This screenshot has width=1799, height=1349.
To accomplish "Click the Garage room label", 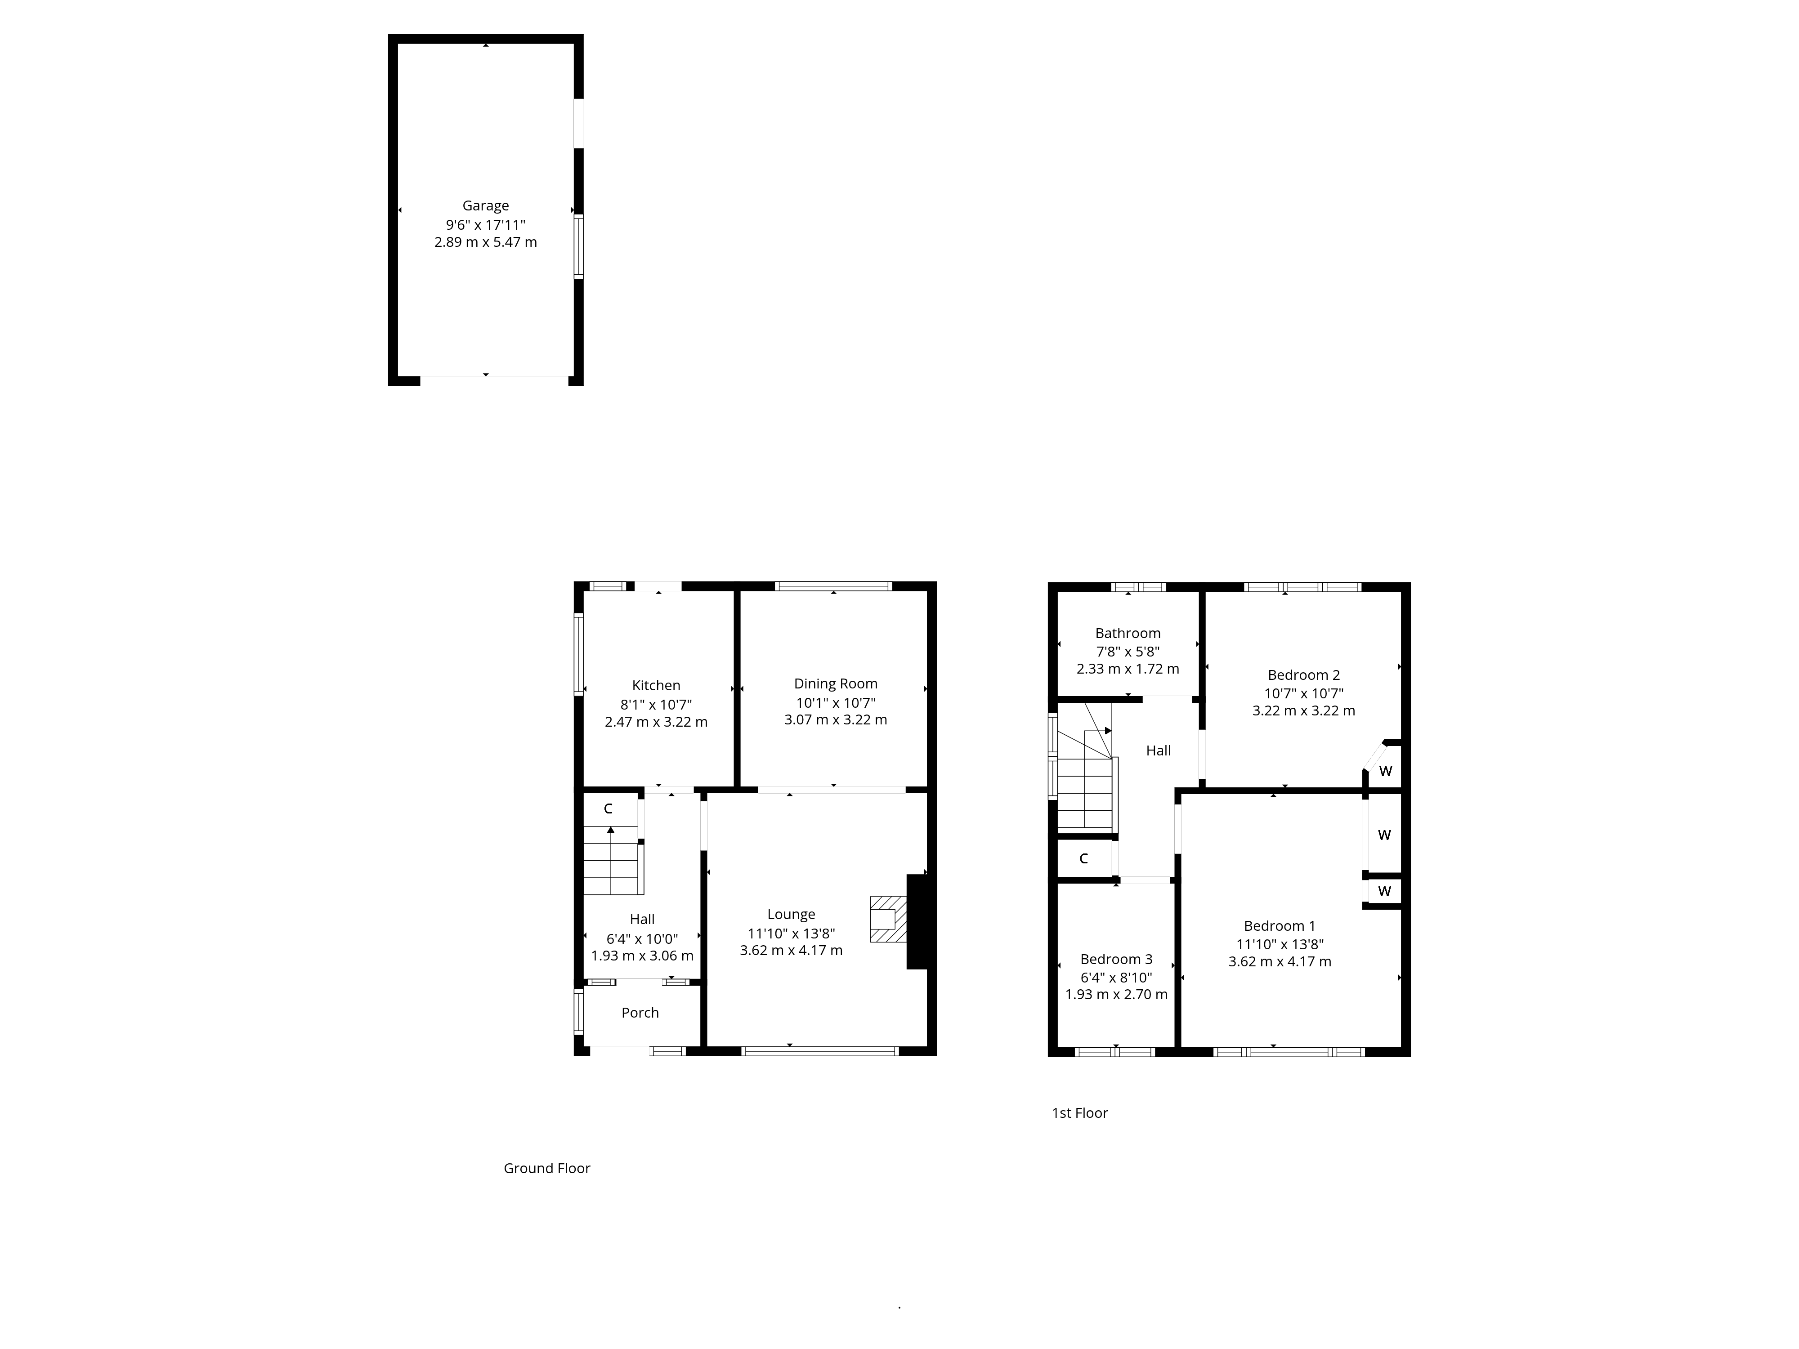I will coord(486,206).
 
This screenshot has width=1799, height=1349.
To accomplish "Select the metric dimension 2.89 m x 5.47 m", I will coord(486,242).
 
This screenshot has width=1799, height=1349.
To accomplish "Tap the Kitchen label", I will coord(656,685).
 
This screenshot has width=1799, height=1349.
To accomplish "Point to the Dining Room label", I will coord(835,684).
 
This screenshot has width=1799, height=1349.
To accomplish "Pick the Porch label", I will coord(640,1012).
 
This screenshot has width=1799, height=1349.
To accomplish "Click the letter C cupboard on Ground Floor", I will coord(608,809).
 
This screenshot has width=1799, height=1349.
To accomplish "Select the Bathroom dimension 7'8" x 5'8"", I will coord(1127,651).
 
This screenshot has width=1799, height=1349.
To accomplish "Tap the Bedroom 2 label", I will coord(1303,675).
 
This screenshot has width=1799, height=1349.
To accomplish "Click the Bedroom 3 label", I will coord(1116,960).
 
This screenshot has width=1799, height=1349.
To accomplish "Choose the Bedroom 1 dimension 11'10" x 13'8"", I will coord(1279,944).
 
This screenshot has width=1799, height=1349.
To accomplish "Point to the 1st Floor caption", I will coord(1079,1113).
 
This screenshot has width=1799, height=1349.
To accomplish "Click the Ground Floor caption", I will coord(546,1169).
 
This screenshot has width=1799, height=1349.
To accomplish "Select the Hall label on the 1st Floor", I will coord(1158,750).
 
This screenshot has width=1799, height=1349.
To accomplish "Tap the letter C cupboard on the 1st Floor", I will coord(1083,859).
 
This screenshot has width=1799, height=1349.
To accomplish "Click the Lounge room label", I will coord(791,915).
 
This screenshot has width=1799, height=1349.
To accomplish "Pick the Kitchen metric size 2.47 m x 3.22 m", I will coord(656,722).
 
